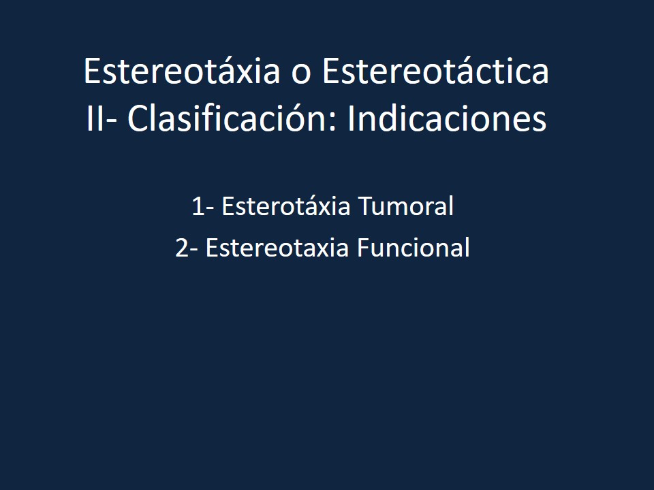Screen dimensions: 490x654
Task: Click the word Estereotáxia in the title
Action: (x=181, y=72)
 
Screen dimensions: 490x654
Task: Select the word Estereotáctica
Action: (x=435, y=72)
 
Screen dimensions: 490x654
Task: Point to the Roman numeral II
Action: (x=95, y=120)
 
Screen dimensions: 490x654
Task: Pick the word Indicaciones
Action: (x=447, y=120)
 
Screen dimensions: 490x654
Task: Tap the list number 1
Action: (x=197, y=207)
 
